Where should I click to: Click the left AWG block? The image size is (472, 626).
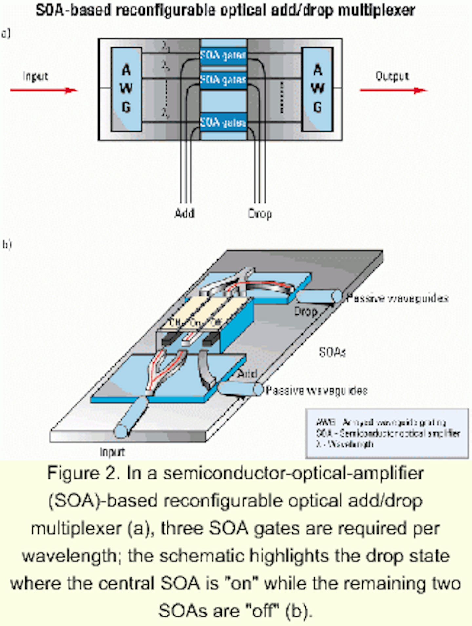tap(126, 89)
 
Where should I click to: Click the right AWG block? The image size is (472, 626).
tap(317, 89)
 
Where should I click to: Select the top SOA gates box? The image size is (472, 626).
tap(223, 55)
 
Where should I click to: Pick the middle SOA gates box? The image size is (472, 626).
tap(223, 80)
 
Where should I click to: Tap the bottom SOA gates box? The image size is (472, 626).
tap(223, 122)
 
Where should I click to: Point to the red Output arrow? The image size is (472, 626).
tap(393, 90)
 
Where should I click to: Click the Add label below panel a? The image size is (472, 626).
tap(185, 213)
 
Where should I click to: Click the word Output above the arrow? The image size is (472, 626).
tap(392, 76)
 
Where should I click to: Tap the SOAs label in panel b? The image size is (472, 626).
tap(332, 352)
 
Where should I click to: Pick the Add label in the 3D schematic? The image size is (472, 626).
tap(247, 374)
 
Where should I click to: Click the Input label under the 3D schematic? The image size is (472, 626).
tap(112, 452)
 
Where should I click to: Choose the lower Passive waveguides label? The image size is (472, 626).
tap(316, 390)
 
